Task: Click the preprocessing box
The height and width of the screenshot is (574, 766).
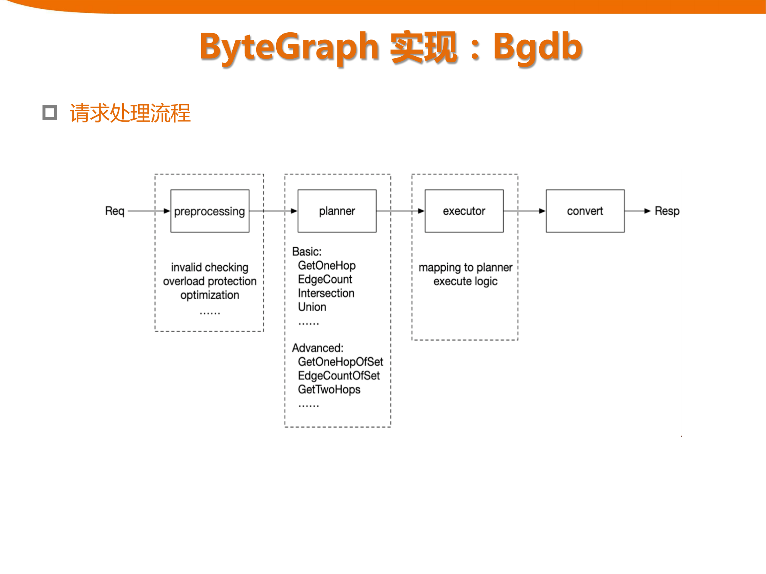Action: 210,211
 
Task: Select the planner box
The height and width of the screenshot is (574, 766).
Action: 337,211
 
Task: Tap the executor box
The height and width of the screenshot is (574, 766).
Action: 464,211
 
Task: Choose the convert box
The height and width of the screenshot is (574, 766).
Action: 585,211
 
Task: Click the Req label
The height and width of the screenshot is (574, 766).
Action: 115,211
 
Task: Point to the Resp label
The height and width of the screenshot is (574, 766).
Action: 667,211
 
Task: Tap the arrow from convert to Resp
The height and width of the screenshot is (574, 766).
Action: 637,211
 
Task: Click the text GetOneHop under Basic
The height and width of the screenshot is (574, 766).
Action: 327,266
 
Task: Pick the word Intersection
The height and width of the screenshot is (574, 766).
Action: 326,293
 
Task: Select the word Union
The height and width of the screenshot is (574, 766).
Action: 312,307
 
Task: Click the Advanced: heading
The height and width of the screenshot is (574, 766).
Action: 317,348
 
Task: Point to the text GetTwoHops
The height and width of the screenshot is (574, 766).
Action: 329,389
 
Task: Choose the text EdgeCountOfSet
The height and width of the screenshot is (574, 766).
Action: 338,376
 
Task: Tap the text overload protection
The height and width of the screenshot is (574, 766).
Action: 210,281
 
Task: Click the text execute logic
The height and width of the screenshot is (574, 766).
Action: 465,281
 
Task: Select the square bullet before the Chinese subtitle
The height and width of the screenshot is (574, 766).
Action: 50,113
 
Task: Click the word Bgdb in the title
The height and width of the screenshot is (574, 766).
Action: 537,47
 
